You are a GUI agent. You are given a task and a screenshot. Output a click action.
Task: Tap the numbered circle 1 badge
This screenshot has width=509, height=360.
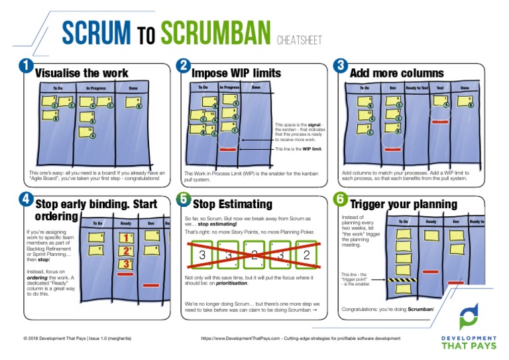(25, 65)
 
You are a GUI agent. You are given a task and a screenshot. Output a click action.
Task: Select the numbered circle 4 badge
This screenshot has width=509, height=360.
(25, 198)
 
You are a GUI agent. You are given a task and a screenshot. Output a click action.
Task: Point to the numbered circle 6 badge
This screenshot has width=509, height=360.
(340, 198)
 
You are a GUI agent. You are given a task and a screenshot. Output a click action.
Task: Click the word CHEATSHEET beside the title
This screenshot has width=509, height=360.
(300, 40)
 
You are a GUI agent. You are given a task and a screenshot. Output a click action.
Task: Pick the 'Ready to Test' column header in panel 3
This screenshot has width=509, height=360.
(417, 88)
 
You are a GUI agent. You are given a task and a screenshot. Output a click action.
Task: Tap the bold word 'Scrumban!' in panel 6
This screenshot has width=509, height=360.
(420, 309)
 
